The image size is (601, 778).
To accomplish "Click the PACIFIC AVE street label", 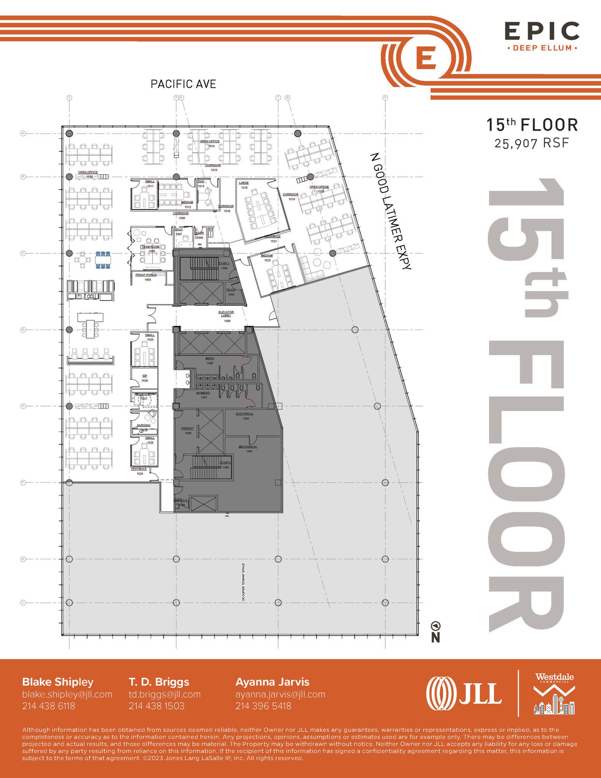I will coord(183,84).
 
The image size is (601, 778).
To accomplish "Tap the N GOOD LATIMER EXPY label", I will coord(390,211).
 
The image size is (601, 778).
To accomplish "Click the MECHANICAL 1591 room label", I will coord(248,449).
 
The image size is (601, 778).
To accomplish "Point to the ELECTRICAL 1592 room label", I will coord(245,416).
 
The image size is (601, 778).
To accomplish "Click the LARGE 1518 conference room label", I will coord(244,185).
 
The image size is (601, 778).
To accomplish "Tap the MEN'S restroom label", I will coord(210,361).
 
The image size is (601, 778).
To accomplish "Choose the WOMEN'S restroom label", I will coord(203,395).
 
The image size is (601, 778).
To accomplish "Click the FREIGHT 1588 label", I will coord(188,430).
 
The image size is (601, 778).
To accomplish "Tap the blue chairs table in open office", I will coord(103,260).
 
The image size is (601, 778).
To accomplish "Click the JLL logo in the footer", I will coord(464,693).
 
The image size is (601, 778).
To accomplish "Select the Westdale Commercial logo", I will coord(554,693).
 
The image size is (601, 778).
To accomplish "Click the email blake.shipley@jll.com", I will coord(67,694).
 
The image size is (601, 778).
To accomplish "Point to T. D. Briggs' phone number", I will coord(156,706).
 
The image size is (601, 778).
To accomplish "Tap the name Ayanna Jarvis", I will coord(272,682).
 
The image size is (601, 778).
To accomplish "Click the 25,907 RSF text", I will coord(532,143).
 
